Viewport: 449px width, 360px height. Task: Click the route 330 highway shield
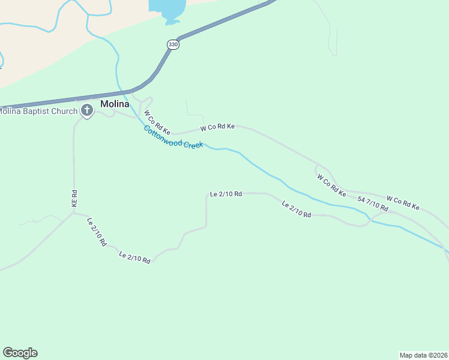[x=173, y=45]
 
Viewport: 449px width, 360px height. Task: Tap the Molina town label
[x=115, y=104]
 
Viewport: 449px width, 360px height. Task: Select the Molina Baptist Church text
[x=38, y=111]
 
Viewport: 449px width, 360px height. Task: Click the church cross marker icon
[x=87, y=110]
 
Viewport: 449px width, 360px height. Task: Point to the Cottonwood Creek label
[x=173, y=138]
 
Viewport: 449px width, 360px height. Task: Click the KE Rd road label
[x=75, y=199]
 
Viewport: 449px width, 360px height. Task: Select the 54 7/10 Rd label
[x=373, y=203]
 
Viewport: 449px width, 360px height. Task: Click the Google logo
[x=20, y=353]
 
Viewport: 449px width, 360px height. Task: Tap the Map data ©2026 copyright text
[x=423, y=355]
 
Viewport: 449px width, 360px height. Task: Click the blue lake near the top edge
[x=167, y=8]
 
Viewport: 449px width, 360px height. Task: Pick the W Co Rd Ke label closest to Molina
[x=158, y=122]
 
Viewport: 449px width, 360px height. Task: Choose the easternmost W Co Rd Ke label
[x=403, y=203]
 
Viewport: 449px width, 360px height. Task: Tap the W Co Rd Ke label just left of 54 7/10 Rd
[x=331, y=186]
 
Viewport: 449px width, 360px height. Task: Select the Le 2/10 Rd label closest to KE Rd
[x=97, y=232]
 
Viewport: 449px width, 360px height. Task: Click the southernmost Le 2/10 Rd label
[x=134, y=257]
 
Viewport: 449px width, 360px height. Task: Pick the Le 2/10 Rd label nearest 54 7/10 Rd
[x=297, y=209]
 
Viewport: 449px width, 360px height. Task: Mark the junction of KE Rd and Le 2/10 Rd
[x=74, y=212]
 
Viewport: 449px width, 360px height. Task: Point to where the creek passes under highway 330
[x=124, y=92]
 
